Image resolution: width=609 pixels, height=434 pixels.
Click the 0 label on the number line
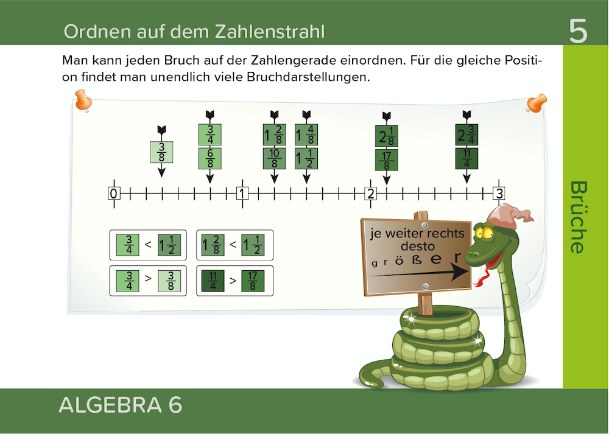tap(114, 194)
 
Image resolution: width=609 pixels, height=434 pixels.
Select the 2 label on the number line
tap(371, 194)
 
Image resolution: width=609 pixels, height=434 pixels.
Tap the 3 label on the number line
tap(499, 194)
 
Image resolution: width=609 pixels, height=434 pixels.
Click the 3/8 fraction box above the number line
tap(161, 152)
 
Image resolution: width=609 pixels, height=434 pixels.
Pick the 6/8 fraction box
tap(210, 158)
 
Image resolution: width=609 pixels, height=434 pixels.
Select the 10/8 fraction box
tap(275, 158)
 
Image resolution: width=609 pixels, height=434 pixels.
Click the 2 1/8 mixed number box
tap(387, 136)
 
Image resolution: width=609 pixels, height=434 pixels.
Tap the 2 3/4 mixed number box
tap(467, 135)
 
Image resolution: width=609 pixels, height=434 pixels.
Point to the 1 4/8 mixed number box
tap(306, 135)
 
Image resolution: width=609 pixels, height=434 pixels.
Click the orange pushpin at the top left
tap(83, 100)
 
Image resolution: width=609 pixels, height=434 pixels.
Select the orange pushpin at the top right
tap(537, 102)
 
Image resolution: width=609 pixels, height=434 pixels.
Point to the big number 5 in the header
tap(579, 31)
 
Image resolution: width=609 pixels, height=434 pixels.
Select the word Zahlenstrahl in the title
tap(270, 32)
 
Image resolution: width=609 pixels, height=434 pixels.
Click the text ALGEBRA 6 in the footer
tap(121, 405)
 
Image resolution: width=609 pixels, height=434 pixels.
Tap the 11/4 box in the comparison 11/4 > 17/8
tap(213, 281)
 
